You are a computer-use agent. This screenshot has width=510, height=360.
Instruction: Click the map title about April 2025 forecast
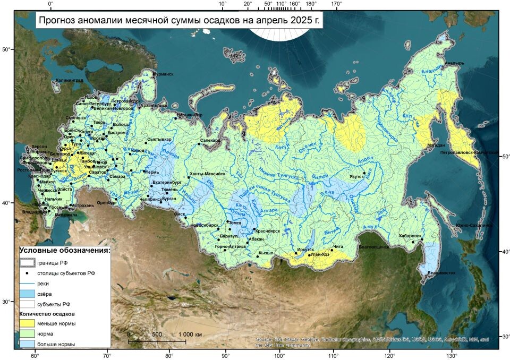[180, 21]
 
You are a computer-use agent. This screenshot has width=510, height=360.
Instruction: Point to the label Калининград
[69, 80]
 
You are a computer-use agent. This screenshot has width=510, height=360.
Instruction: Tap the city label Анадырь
[454, 63]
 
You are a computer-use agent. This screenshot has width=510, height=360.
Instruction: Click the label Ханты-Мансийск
[208, 174]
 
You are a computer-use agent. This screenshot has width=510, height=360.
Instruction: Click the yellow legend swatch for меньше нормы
[28, 323]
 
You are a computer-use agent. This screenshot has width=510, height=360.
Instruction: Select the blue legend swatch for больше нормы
[28, 344]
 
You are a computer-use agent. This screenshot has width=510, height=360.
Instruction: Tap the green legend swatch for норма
[28, 334]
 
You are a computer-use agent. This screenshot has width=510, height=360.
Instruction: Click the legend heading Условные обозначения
[65, 250]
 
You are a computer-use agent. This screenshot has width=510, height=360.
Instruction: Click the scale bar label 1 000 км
[190, 335]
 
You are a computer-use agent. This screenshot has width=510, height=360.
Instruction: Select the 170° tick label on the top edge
[336, 4]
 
